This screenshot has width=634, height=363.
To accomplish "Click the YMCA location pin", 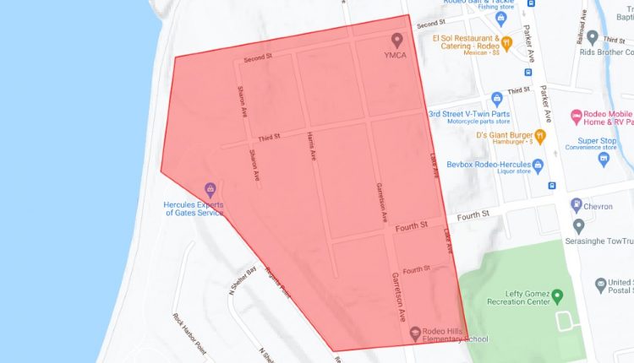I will click(x=397, y=40).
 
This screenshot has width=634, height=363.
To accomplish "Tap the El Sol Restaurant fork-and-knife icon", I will click(x=506, y=42).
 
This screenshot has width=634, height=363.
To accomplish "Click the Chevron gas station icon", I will click(x=576, y=203).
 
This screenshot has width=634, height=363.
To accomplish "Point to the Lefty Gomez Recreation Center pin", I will click(x=558, y=296).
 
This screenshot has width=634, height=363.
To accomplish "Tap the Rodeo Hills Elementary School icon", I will click(x=415, y=333).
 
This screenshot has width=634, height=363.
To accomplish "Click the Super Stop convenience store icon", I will click(x=604, y=158).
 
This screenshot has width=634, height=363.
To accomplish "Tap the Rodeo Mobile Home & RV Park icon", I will click(x=577, y=116).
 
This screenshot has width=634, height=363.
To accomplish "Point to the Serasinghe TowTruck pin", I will click(x=579, y=225).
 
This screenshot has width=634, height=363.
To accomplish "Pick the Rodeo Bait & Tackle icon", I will click(x=501, y=16).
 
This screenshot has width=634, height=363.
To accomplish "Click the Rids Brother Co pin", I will click(x=593, y=38).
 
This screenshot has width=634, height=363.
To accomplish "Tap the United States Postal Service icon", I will click(x=601, y=284).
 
